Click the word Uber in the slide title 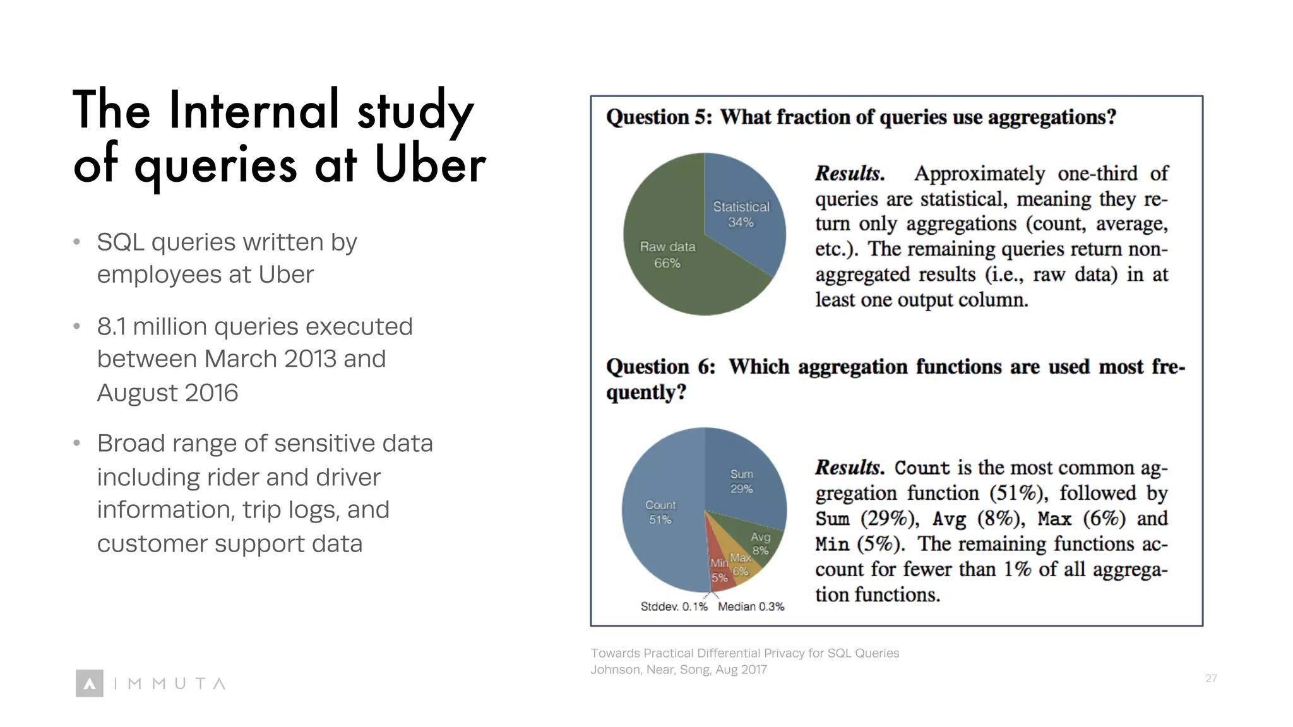[430, 164]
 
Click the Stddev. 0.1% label [674, 606]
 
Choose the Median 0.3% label [751, 606]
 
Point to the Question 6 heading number [705, 367]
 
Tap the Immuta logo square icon [89, 683]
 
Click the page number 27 [1210, 678]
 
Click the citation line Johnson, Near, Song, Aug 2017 [678, 670]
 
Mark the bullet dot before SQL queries [76, 242]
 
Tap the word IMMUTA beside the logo [169, 683]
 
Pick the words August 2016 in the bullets [167, 393]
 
